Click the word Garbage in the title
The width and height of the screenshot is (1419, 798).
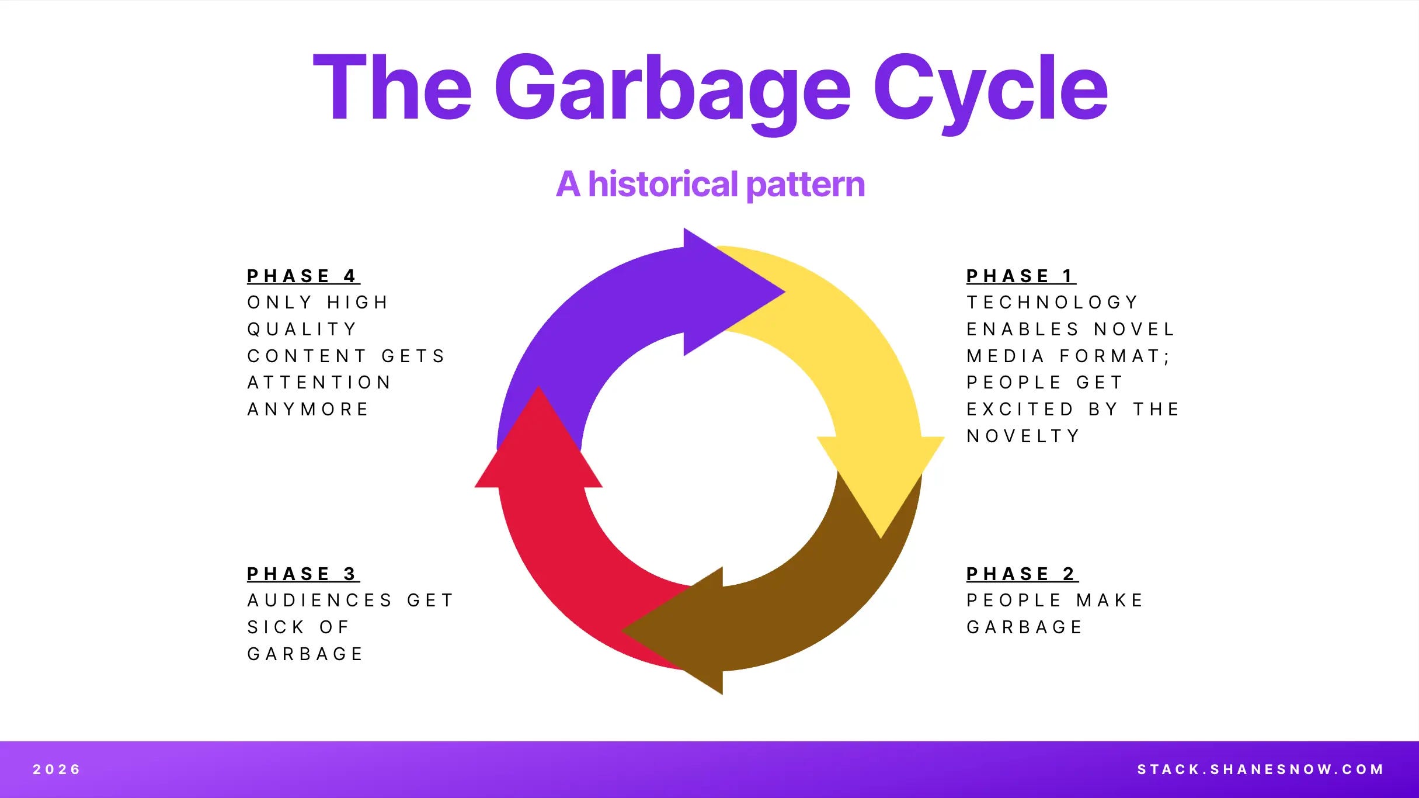672,89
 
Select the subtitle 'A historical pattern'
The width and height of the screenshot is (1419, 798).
710,185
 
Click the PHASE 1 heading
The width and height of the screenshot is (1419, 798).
1020,276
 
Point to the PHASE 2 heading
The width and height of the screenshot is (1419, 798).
1021,574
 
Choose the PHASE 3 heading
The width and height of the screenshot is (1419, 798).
302,574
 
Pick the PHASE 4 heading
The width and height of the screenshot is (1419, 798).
302,276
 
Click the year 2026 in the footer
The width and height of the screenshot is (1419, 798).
57,769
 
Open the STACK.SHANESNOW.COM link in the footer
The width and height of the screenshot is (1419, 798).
1260,769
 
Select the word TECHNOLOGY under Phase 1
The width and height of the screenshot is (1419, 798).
1052,303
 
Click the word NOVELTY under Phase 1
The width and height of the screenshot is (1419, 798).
1023,436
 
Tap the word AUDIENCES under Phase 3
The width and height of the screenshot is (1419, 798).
320,601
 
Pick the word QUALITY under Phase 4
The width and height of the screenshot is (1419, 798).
302,329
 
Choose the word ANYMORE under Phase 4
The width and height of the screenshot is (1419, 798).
308,409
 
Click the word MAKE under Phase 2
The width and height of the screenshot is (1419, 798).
1110,601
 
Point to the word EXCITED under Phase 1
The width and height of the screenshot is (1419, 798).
1020,409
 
